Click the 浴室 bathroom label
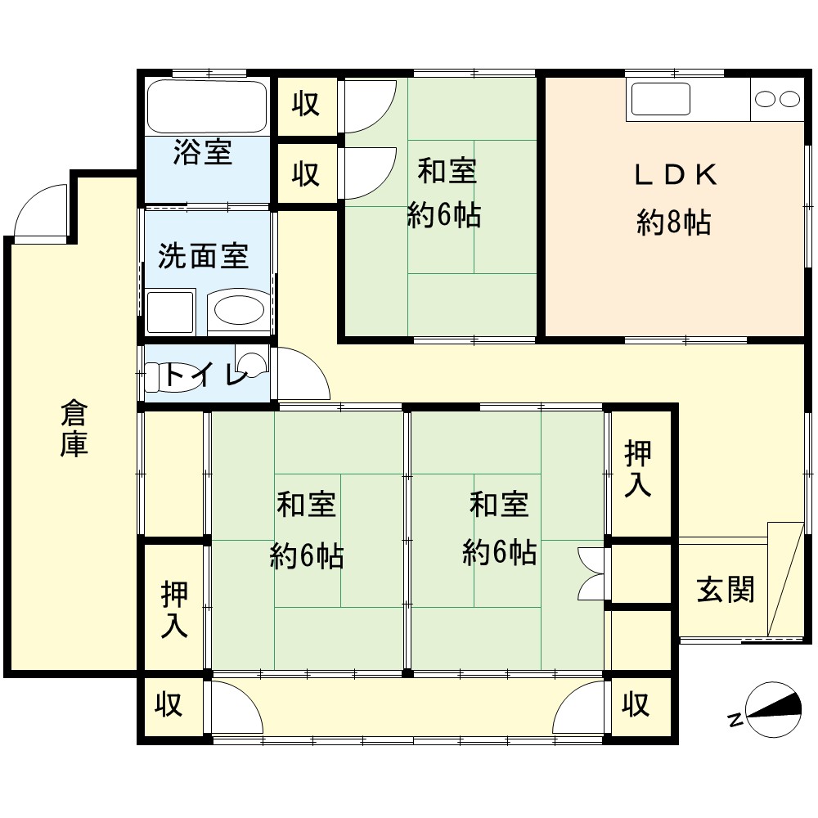202,152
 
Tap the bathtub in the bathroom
207,106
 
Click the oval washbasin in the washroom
239,310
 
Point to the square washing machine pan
170,312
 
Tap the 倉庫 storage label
74,429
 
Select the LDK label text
676,175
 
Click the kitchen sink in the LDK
660,99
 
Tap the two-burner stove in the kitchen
777,99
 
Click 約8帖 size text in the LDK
673,222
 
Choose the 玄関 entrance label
726,589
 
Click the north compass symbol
767,710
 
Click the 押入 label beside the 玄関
638,468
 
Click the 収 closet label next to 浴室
306,104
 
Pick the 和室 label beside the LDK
447,171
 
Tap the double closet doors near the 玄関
591,573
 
